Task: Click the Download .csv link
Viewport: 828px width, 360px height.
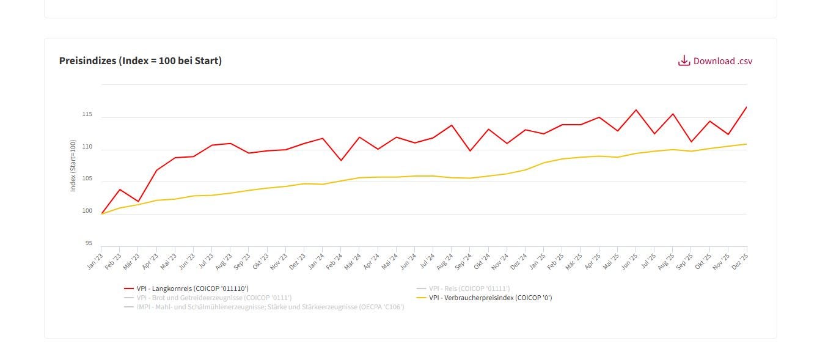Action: [x=722, y=61]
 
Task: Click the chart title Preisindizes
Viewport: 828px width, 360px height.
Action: [x=140, y=61]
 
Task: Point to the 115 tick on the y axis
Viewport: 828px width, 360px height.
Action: [x=87, y=115]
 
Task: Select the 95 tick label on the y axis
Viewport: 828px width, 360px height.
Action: [x=89, y=243]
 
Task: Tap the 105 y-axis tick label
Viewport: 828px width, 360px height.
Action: [x=87, y=179]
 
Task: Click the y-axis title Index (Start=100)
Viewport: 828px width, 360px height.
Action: [x=73, y=166]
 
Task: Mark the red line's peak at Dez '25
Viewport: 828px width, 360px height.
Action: [x=747, y=108]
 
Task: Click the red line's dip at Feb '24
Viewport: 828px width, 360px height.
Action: [x=341, y=160]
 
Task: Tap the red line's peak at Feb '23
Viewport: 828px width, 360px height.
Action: [x=120, y=189]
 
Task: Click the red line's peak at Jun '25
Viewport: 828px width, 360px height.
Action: [x=636, y=110]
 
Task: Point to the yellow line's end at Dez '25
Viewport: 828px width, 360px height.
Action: [x=747, y=144]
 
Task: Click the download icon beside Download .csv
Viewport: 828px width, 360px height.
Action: [x=684, y=61]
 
